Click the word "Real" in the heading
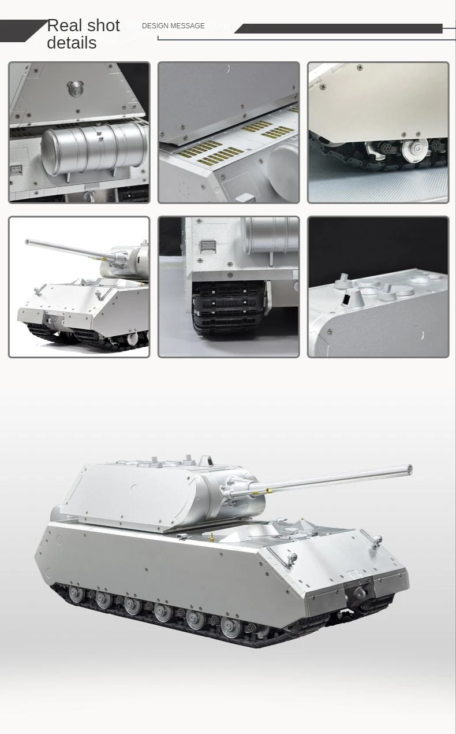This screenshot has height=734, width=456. point(64,25)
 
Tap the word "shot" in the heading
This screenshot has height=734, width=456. point(102,25)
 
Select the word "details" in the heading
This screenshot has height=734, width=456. point(72,43)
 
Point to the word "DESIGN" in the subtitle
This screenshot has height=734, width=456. point(154,26)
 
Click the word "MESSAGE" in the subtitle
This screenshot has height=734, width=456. point(187,26)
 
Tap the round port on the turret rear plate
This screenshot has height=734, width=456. point(74,88)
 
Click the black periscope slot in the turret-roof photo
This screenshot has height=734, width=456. point(346,299)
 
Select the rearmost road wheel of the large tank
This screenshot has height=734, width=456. point(76,593)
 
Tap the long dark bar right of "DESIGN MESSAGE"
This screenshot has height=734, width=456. point(341,28)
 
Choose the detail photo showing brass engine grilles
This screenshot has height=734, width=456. point(229,132)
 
